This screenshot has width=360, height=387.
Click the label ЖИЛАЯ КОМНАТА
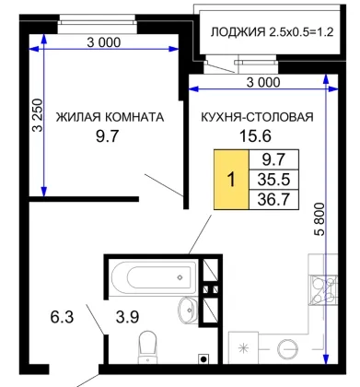(x=110, y=117)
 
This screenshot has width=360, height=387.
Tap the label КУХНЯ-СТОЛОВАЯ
(x=257, y=117)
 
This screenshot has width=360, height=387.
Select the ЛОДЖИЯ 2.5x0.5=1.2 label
(x=272, y=32)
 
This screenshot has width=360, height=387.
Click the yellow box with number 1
(x=231, y=180)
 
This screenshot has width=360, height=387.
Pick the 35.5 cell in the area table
(x=273, y=180)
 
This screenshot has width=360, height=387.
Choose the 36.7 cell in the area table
(x=273, y=200)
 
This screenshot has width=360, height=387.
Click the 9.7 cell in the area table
(x=273, y=159)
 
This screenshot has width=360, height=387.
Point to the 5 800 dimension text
(x=319, y=219)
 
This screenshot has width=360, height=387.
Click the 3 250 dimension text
(x=38, y=115)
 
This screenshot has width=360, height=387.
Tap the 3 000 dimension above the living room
(x=104, y=42)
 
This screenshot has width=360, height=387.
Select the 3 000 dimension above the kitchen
(x=263, y=82)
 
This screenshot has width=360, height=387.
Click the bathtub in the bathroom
(x=154, y=277)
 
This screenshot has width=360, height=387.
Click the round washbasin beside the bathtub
(x=188, y=310)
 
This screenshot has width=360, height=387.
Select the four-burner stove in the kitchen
(x=324, y=289)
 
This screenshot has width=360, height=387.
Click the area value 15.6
(x=255, y=136)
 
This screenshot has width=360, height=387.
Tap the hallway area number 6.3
(x=62, y=317)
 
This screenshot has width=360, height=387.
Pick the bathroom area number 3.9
(x=127, y=317)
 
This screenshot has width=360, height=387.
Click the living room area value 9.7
(x=107, y=136)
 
